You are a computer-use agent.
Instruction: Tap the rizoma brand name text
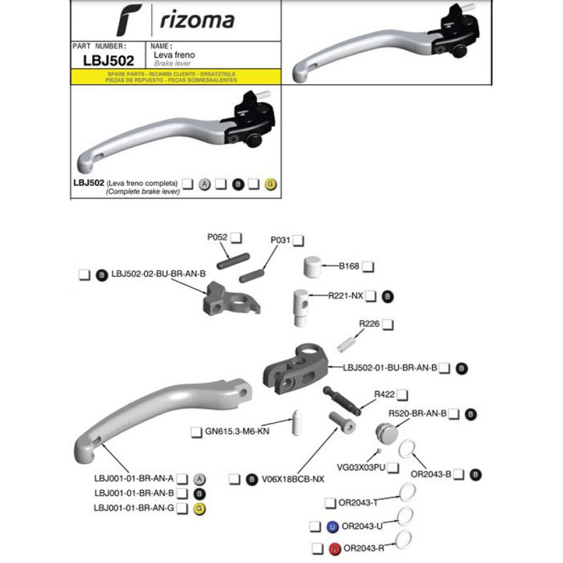click(x=196, y=21)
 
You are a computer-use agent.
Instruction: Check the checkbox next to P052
click(x=236, y=238)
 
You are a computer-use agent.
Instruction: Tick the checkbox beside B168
click(x=367, y=266)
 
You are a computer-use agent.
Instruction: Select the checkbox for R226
click(x=387, y=324)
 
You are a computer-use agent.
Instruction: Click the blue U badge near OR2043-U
click(x=333, y=527)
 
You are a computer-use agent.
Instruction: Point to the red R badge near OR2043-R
click(x=335, y=550)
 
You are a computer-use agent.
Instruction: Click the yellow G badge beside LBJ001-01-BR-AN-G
click(x=199, y=508)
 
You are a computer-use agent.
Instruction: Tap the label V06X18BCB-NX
click(x=293, y=479)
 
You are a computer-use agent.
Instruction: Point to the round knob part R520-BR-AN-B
click(x=386, y=434)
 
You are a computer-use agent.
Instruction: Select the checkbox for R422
click(x=402, y=395)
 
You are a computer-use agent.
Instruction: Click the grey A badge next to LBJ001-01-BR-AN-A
click(x=199, y=479)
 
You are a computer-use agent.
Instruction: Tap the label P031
click(x=280, y=240)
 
